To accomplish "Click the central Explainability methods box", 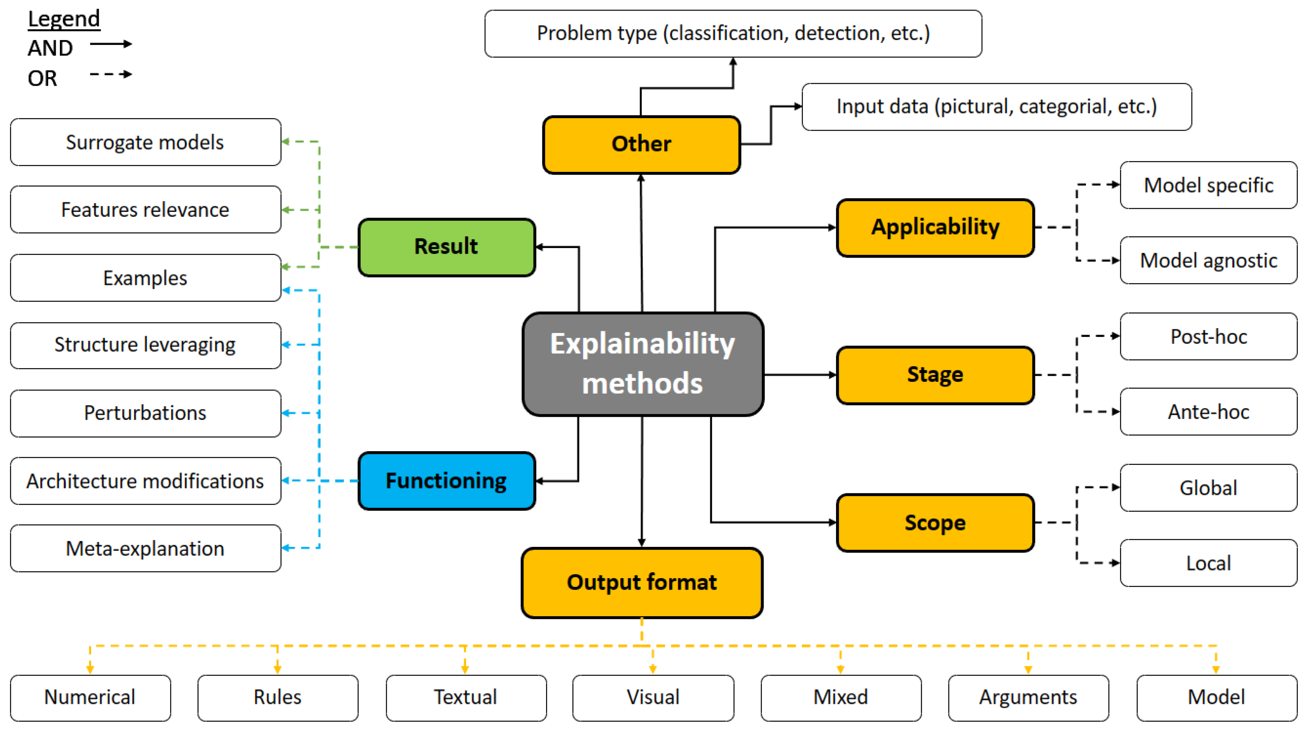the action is [x=643, y=364].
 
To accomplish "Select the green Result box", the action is [x=447, y=247].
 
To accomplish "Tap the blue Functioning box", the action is [x=447, y=481].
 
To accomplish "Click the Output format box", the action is [x=642, y=582].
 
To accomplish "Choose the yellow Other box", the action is [x=641, y=144].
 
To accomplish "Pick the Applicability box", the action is [x=935, y=227].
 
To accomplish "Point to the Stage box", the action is [x=935, y=375].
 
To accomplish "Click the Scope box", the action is [x=935, y=522].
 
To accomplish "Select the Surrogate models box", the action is [x=145, y=142].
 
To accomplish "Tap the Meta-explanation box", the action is [x=145, y=548].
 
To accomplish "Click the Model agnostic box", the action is [x=1208, y=260].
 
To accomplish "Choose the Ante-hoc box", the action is [x=1208, y=412].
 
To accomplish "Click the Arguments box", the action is [x=1028, y=698].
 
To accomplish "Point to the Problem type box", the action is [x=733, y=34].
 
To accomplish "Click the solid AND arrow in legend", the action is [x=111, y=44].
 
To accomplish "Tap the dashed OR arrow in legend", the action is [x=111, y=74].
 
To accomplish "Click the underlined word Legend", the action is [x=64, y=19].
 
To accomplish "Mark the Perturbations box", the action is [x=145, y=413].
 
